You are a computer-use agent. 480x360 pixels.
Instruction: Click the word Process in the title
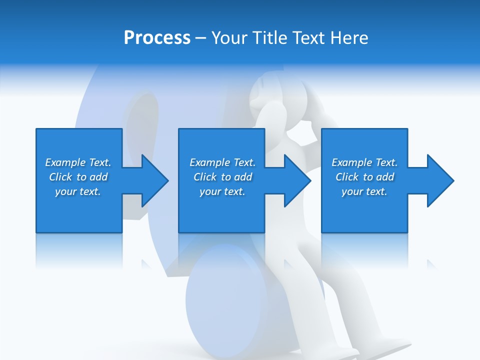pos(157,38)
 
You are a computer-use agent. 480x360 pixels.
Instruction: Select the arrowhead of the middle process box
pos(296,180)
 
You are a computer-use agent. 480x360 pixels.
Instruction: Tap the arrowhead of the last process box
pos(439,180)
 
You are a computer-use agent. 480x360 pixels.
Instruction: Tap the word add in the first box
pos(98,177)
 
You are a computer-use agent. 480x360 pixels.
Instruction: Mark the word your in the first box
pos(65,191)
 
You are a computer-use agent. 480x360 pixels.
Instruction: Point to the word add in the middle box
pos(243,177)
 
